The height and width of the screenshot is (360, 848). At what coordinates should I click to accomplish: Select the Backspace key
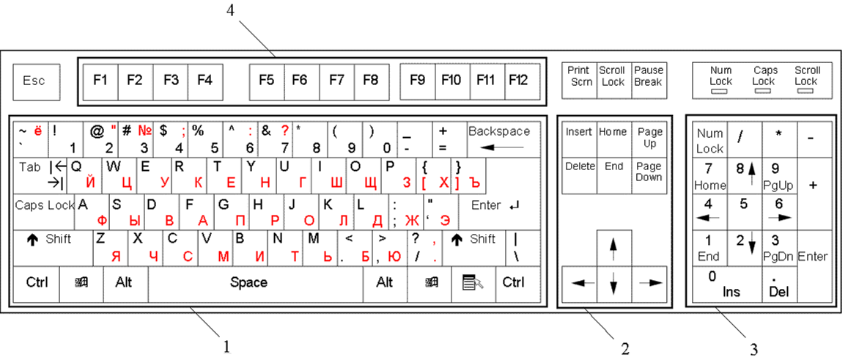point(504,139)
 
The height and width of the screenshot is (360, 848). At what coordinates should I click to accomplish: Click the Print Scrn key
point(579,81)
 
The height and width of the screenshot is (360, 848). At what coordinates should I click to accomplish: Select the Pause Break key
point(649,81)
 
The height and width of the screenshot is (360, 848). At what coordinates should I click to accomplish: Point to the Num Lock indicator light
point(721,92)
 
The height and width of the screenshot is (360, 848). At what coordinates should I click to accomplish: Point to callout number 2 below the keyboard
point(626,348)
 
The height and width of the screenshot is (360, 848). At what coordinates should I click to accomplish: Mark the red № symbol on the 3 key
point(144,131)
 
